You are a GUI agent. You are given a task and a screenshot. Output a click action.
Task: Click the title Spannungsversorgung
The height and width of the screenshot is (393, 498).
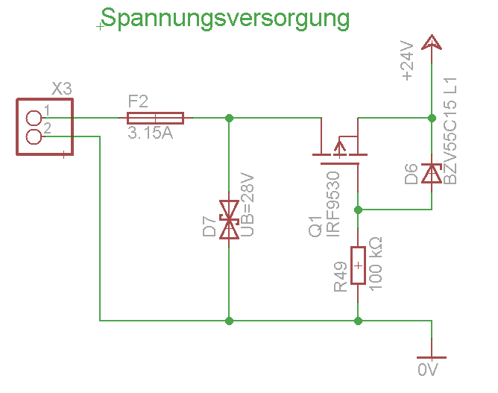[224, 18]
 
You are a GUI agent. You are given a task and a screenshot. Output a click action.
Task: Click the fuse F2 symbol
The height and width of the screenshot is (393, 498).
[155, 118]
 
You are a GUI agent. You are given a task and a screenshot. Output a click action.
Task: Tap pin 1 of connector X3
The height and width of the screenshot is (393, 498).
[34, 118]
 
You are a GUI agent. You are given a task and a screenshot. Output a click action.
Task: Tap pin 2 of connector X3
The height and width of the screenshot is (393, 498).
[34, 136]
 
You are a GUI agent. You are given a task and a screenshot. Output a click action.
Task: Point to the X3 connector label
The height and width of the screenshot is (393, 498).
[62, 89]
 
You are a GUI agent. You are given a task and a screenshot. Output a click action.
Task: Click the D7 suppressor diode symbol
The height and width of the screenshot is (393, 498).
[229, 219]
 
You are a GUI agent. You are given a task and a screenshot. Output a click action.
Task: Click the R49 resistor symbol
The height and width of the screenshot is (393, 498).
[359, 265]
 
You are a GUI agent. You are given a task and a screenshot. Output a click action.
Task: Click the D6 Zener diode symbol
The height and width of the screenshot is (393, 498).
[431, 173]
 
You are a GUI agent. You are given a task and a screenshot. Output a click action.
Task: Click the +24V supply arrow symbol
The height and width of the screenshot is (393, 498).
[431, 43]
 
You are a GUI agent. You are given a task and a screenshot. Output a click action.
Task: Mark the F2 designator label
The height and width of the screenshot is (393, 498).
[139, 101]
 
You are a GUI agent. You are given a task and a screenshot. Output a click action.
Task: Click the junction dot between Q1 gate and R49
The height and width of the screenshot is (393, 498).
[359, 209]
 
